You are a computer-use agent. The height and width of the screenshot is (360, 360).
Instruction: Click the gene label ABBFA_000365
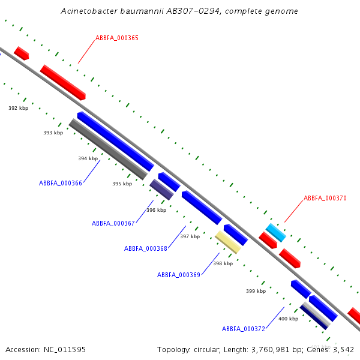coord(116,38)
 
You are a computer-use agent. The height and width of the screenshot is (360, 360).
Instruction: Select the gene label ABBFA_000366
coord(61,183)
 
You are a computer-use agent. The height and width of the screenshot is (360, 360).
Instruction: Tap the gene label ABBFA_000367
coord(113,223)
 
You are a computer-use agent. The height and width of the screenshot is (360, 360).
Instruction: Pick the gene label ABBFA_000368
coord(146,248)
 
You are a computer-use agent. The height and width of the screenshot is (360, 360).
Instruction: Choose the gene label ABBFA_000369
coord(179,275)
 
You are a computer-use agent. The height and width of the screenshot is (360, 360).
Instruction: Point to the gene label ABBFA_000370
coord(325,198)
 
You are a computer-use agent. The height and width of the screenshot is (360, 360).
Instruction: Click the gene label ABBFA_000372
coord(244,329)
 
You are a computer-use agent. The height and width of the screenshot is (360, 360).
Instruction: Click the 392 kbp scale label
coord(18,108)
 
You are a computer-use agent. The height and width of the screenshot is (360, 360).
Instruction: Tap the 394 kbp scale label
coord(88,158)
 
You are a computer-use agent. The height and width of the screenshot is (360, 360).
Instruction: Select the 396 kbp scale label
coord(156,210)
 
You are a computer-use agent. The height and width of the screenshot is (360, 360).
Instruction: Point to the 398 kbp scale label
coord(223,263)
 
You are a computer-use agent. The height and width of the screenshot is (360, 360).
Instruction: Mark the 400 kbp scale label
coord(288,319)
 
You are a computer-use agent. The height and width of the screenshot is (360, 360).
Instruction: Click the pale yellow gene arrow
coord(228,242)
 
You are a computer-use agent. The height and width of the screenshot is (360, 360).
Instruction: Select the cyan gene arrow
coord(276,232)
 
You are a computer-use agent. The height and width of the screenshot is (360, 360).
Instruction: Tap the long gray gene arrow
coord(108,149)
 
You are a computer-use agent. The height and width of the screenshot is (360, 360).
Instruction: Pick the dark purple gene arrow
coord(161,189)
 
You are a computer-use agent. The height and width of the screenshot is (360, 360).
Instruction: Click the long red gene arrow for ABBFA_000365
coord(63,82)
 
